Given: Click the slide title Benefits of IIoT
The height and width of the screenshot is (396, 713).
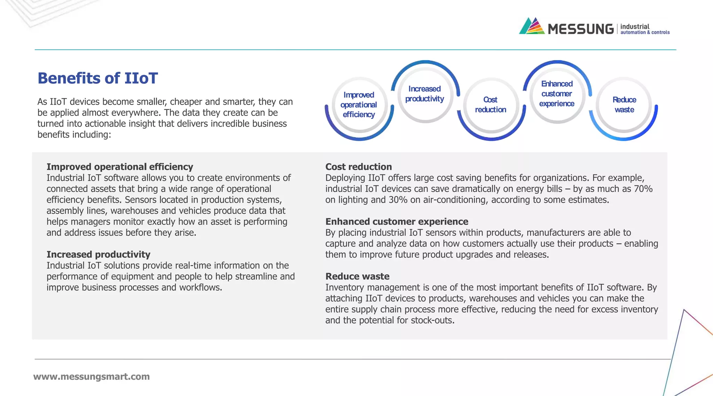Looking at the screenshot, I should click(98, 78).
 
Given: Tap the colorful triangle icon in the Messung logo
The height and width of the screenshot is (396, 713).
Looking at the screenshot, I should click(532, 26).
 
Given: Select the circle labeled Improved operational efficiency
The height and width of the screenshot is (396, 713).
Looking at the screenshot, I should click(359, 105).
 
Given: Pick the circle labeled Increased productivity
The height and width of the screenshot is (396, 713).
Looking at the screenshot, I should click(424, 94).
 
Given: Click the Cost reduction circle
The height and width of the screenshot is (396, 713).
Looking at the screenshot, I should click(491, 105).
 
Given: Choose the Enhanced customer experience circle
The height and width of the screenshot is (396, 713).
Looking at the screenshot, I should click(557, 94).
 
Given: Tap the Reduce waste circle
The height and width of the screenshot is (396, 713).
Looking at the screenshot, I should click(624, 105).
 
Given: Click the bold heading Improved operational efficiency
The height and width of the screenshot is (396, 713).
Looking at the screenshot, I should click(120, 167).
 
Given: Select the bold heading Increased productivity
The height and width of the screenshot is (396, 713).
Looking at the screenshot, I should click(99, 254).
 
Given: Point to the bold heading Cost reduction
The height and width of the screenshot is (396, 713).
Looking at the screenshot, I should click(359, 167).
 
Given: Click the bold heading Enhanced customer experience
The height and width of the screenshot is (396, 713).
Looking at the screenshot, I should click(397, 221).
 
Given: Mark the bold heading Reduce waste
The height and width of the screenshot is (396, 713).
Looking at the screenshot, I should click(357, 276).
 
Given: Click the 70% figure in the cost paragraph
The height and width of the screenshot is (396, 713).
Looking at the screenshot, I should click(643, 189).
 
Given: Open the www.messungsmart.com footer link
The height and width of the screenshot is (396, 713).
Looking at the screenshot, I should click(92, 377).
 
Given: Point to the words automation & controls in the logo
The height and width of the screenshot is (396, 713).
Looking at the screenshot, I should click(645, 32).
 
